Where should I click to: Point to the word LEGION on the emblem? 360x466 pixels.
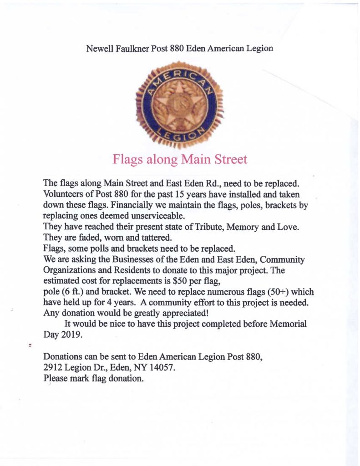[181, 135]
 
